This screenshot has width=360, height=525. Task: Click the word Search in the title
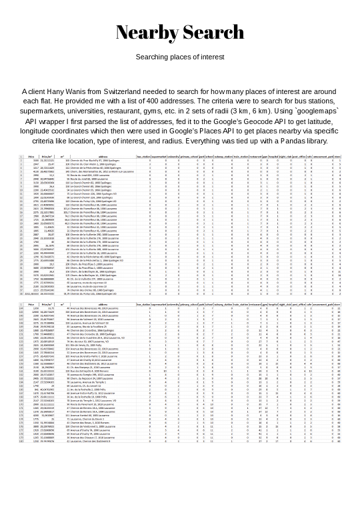(213, 33)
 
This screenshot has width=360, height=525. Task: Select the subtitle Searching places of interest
(180, 57)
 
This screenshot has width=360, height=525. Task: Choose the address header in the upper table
(103, 157)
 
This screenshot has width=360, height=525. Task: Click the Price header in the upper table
(44, 157)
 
